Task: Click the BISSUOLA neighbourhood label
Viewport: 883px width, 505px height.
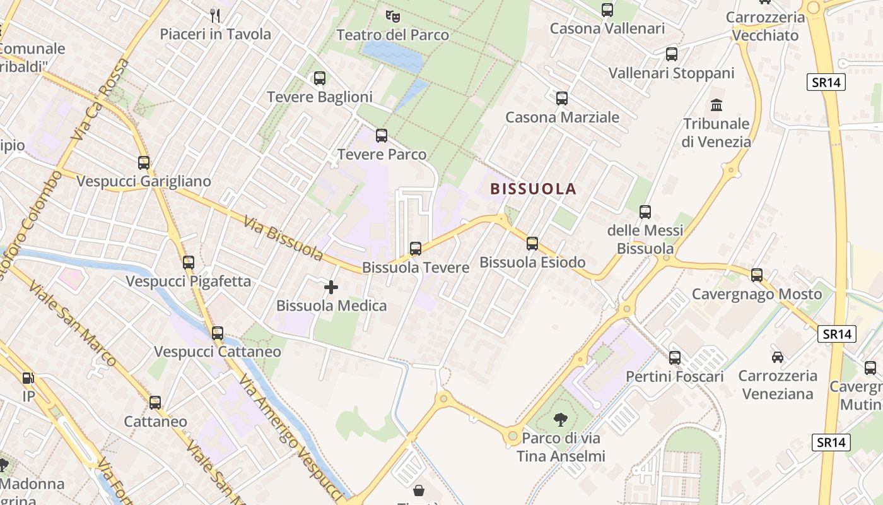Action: [x=533, y=189]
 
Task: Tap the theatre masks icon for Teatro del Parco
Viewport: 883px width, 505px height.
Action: [x=392, y=15]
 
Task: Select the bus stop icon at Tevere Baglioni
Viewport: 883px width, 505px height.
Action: [x=320, y=78]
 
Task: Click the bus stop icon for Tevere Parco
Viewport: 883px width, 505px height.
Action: [x=382, y=136]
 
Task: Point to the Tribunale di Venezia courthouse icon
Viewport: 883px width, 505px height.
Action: [x=716, y=105]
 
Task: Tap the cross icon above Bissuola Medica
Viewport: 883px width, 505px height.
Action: [x=331, y=288]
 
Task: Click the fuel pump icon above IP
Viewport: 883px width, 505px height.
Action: [x=28, y=378]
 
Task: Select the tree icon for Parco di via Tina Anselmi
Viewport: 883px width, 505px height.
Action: [x=561, y=419]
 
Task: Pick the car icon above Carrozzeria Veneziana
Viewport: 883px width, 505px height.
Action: [x=778, y=357]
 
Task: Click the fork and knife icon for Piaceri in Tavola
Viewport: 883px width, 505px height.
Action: [x=215, y=15]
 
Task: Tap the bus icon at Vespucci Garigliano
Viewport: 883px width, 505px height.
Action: [x=144, y=163]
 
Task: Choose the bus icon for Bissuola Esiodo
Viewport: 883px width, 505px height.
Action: [x=532, y=244]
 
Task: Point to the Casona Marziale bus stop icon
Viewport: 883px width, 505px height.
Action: [x=562, y=98]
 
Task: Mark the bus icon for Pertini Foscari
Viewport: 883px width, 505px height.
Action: [x=675, y=358]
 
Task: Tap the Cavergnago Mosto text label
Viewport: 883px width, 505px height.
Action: [x=757, y=294]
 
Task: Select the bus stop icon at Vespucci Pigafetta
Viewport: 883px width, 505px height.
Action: [x=189, y=263]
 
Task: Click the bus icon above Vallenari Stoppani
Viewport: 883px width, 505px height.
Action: [x=672, y=54]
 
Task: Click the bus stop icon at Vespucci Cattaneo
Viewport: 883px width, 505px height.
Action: [x=218, y=333]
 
